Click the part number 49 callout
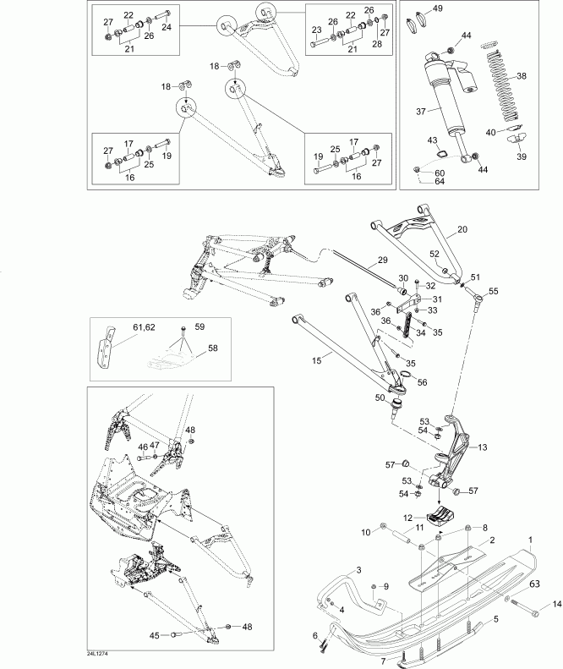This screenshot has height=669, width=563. coord(437,8)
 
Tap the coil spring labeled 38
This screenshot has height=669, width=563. coord(505,85)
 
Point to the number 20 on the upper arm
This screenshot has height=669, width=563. coord(462,230)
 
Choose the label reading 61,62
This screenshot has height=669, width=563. coord(144,326)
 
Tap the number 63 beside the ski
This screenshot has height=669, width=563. coord(534,583)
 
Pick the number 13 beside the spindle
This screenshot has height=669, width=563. coord(483,447)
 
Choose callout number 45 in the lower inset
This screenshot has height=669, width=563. coord(155,635)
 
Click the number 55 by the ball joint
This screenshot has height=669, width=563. coord(494,291)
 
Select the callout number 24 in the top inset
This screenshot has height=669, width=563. coord(167,27)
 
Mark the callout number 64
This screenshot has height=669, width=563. coord(440,181)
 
